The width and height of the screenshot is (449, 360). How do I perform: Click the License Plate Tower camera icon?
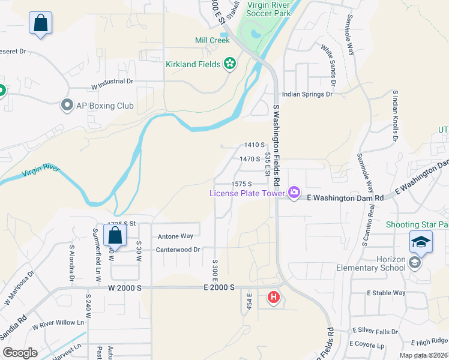tap(294, 193)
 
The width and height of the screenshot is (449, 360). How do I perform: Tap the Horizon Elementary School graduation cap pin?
tap(421, 242)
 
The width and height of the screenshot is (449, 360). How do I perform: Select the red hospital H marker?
tap(274, 296)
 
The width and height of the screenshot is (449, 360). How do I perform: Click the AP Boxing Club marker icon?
tap(67, 106)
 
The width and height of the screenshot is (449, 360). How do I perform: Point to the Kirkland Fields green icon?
tap(229, 63)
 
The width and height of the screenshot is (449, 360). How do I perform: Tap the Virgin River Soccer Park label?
tap(265, 8)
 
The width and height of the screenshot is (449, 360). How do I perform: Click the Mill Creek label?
tap(212, 41)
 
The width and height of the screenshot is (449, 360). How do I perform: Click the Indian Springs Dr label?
tap(307, 94)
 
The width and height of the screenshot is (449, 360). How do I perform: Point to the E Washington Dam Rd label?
tap(345, 197)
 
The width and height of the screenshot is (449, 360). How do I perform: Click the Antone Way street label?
tap(175, 236)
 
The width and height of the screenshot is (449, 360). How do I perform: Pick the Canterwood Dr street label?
tap(178, 250)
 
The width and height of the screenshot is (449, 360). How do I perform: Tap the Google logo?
tap(20, 353)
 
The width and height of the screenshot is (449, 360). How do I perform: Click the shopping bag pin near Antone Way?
tap(115, 235)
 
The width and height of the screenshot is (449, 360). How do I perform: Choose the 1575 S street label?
tap(240, 184)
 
